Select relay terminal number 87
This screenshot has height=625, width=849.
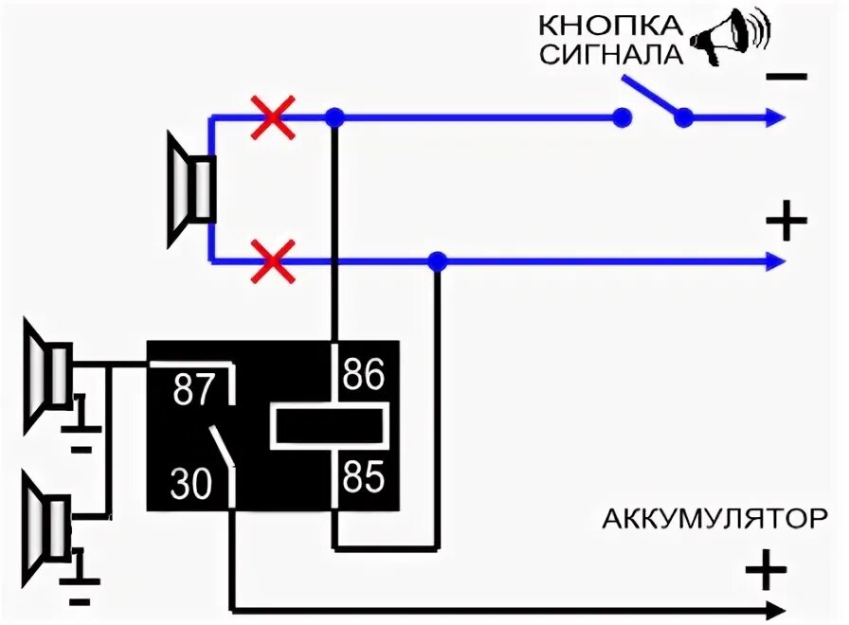195,390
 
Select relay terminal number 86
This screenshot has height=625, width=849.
363,376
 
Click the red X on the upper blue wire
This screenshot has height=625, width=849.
273,117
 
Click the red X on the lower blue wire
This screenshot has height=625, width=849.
273,260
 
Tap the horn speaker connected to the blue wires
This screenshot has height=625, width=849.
190,189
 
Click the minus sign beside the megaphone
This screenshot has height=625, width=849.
786,78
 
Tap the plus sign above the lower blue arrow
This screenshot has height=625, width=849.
786,223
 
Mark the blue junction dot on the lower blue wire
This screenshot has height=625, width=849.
437,260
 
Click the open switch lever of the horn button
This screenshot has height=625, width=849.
652,98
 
